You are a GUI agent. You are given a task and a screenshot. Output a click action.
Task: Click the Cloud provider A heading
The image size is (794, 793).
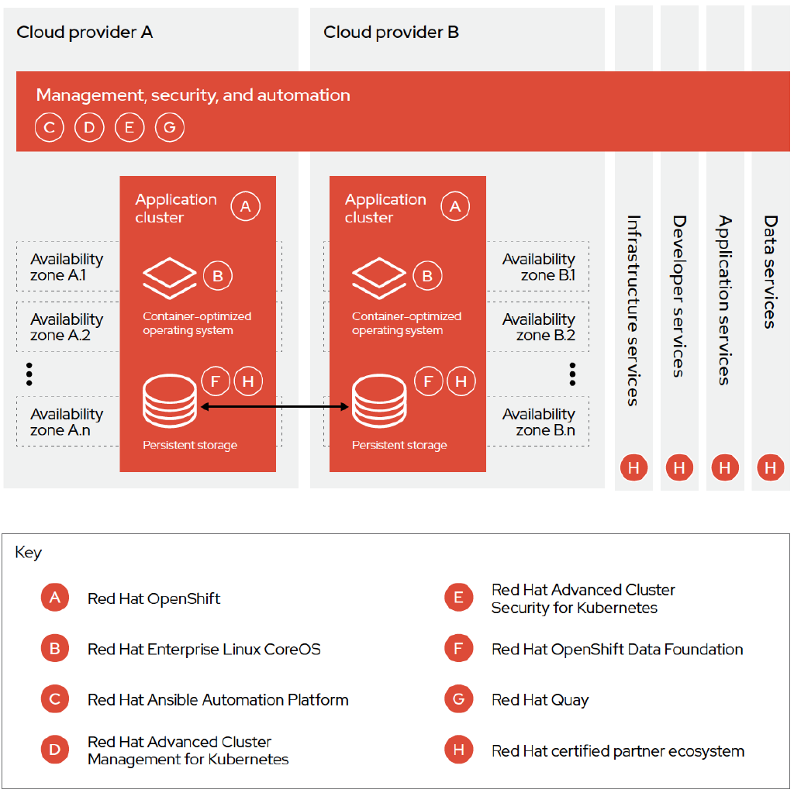click(85, 33)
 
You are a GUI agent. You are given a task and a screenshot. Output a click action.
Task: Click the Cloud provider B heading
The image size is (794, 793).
click(391, 33)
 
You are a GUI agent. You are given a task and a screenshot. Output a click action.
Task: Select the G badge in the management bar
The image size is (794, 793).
click(170, 128)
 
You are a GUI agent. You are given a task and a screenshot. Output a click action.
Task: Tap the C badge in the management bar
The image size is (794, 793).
click(49, 128)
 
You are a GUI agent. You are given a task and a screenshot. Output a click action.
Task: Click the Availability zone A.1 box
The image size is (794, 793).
click(67, 267)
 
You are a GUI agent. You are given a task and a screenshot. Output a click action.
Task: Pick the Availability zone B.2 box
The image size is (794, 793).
click(538, 327)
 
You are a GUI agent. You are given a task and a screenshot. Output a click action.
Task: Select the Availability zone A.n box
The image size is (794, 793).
click(67, 422)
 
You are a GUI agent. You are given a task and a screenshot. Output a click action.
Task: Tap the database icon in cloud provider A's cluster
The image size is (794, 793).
click(170, 401)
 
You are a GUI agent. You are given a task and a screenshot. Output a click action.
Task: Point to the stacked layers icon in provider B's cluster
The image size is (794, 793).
click(379, 278)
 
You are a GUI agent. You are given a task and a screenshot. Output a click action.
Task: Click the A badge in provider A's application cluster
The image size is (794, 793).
click(246, 207)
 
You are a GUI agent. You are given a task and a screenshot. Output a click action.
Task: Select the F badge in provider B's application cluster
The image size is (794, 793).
click(428, 381)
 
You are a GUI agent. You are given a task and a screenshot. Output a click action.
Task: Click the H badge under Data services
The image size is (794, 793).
click(770, 467)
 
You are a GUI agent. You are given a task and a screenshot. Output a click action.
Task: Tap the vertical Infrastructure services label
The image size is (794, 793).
click(633, 310)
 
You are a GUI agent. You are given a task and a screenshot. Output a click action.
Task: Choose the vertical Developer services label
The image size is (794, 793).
click(679, 296)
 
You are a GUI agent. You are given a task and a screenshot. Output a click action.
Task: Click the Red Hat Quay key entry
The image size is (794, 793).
click(540, 700)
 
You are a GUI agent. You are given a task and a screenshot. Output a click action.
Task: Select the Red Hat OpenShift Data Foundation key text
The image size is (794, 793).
click(617, 650)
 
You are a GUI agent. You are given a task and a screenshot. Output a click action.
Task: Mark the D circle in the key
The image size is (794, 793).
click(55, 750)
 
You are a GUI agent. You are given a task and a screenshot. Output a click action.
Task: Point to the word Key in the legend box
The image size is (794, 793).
click(29, 553)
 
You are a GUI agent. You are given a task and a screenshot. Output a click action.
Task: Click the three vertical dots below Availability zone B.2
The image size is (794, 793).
click(572, 374)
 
